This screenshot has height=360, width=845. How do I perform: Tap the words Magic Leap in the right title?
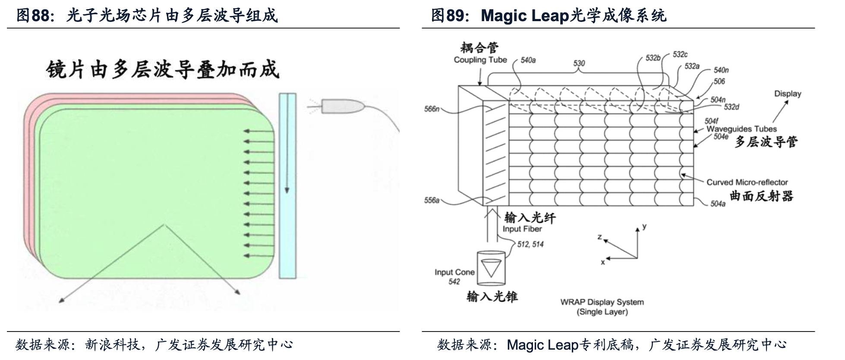[525, 16]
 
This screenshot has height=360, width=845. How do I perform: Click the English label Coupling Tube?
[480, 60]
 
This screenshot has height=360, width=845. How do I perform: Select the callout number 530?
[579, 63]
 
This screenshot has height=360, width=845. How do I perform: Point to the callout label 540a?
[528, 60]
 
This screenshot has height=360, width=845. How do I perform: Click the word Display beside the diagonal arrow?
[787, 94]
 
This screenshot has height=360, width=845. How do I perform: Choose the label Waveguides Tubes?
[741, 129]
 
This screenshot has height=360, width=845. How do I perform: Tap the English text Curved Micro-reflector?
[747, 182]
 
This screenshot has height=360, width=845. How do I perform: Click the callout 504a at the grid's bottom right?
[718, 204]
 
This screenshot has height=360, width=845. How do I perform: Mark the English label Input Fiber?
[522, 229]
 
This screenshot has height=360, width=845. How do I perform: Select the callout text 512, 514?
[530, 244]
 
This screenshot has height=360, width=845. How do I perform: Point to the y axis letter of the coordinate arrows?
[644, 226]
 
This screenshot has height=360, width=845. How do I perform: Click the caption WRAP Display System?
[602, 302]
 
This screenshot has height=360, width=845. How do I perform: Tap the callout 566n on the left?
[432, 109]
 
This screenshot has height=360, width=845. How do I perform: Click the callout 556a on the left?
[432, 200]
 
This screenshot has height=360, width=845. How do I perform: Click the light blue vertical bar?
[287, 186]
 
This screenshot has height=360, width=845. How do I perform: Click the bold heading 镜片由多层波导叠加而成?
[163, 70]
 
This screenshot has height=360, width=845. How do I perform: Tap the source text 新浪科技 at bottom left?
[112, 344]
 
